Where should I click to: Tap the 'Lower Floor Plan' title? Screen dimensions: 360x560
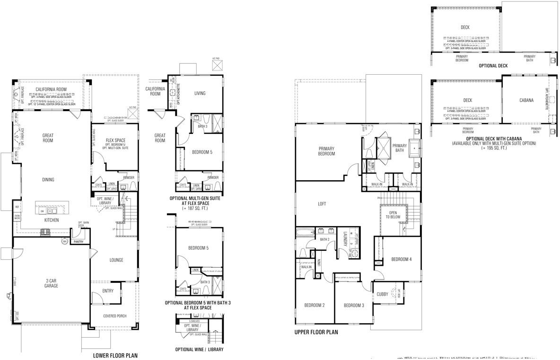coord(115,354)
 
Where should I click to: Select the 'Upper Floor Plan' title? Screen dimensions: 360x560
coord(316,333)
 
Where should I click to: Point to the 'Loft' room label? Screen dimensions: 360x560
coord(322,204)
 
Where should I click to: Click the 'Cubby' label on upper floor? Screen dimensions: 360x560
coord(382,294)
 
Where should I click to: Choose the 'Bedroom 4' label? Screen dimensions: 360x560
coord(402,259)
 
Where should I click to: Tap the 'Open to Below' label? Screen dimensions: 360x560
coord(393,216)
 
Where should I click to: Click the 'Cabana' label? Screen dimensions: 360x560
coord(526,100)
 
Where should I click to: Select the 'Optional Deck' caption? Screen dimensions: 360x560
coord(493,66)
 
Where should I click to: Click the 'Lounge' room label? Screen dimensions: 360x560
coord(116,260)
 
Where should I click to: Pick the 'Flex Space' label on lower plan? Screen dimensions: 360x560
coord(115,140)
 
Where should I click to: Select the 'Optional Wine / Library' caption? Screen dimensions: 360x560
coord(199,350)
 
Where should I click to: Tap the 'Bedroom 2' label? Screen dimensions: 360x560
coord(314,305)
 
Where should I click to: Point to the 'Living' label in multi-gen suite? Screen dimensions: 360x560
coord(200,93)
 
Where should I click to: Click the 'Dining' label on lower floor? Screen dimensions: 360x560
coord(48,179)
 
